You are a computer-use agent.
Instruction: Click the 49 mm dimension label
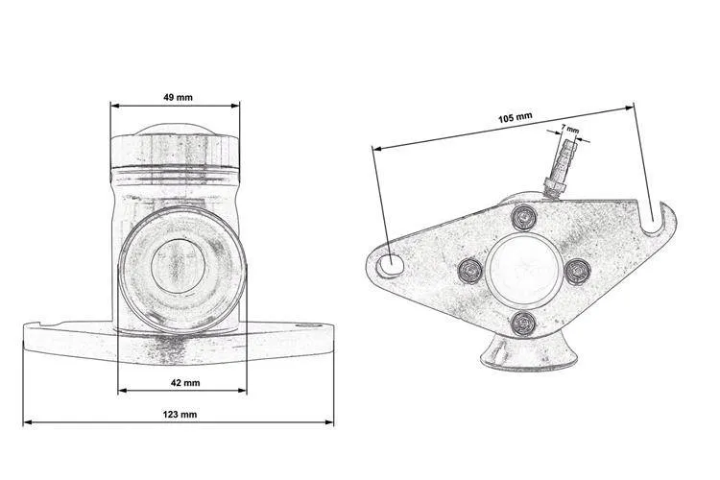click(179, 97)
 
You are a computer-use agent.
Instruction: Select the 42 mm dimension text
click(185, 383)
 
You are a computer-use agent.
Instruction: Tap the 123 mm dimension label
click(180, 415)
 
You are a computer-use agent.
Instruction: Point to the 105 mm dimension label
click(516, 118)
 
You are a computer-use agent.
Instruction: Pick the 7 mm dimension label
click(570, 129)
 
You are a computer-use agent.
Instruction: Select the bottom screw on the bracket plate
click(523, 323)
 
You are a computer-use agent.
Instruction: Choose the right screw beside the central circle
click(577, 272)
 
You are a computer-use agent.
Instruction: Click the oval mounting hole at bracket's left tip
click(391, 265)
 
